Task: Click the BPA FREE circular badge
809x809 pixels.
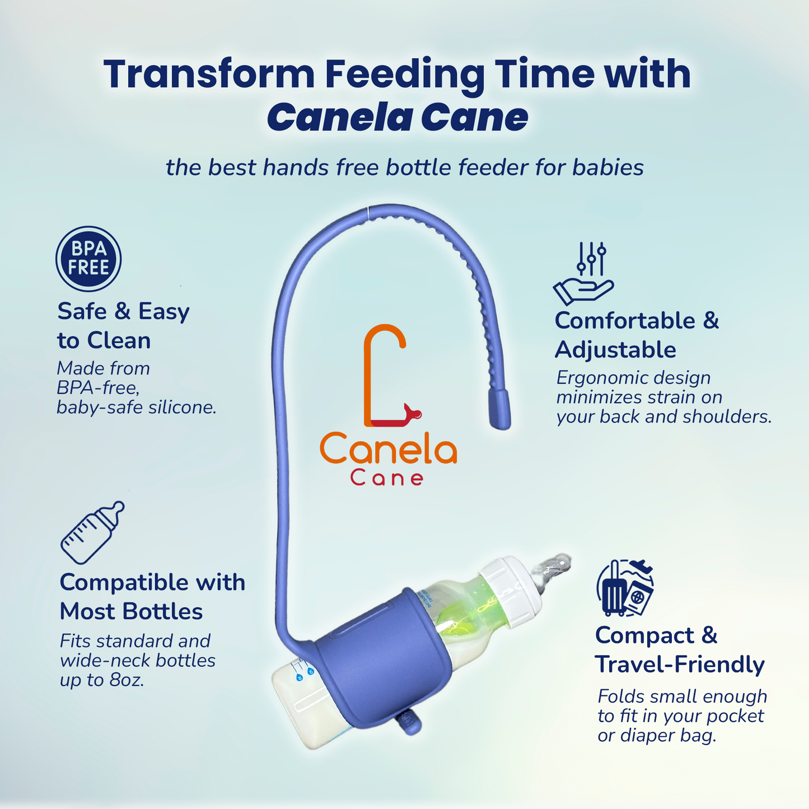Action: [x=88, y=259]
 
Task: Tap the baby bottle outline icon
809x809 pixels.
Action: [x=92, y=532]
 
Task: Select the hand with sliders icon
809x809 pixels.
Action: [x=584, y=273]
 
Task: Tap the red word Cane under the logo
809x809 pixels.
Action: [x=387, y=478]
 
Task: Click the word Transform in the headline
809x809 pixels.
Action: [x=209, y=74]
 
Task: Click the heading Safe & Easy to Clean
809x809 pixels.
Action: [x=123, y=325]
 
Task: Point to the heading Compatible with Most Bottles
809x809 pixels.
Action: [x=152, y=597]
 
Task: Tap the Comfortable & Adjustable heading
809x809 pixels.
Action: [x=637, y=335]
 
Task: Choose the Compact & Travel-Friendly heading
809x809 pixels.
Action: [x=680, y=649]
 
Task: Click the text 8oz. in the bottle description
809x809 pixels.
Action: [x=127, y=680]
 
